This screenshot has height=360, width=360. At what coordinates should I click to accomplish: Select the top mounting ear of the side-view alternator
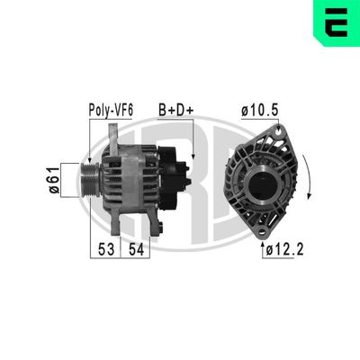tap(113, 135)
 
